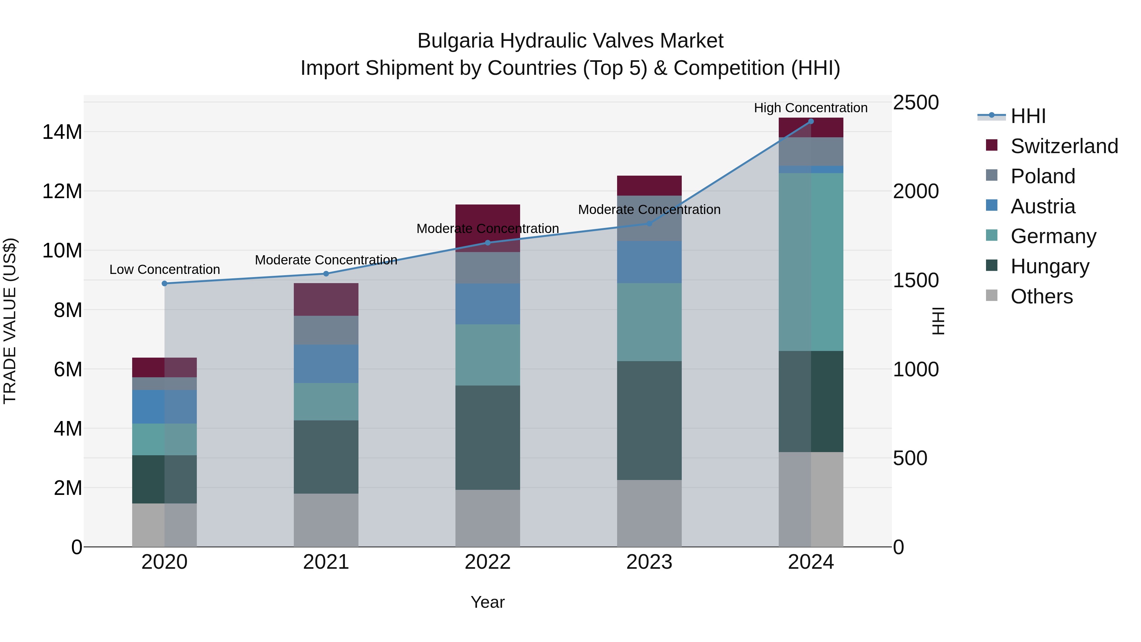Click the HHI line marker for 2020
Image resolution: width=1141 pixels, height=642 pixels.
[x=164, y=283]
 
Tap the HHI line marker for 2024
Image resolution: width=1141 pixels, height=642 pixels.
[x=811, y=121]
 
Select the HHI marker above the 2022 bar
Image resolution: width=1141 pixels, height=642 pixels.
[x=488, y=243]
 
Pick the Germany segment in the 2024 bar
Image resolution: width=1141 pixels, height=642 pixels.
[x=811, y=262]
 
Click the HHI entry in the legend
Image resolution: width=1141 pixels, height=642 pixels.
[x=1028, y=116]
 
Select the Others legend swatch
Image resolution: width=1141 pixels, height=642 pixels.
[x=991, y=295]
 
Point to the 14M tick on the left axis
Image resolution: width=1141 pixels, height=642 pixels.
[x=62, y=132]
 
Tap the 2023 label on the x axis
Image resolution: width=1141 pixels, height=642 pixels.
[x=649, y=562]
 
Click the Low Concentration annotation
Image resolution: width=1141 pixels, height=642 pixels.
[x=164, y=269]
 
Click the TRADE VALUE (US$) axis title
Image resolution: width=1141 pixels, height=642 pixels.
[x=10, y=321]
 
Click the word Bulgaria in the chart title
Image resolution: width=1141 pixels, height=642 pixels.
[x=455, y=41]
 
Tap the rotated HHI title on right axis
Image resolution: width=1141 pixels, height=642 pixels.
[x=938, y=321]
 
